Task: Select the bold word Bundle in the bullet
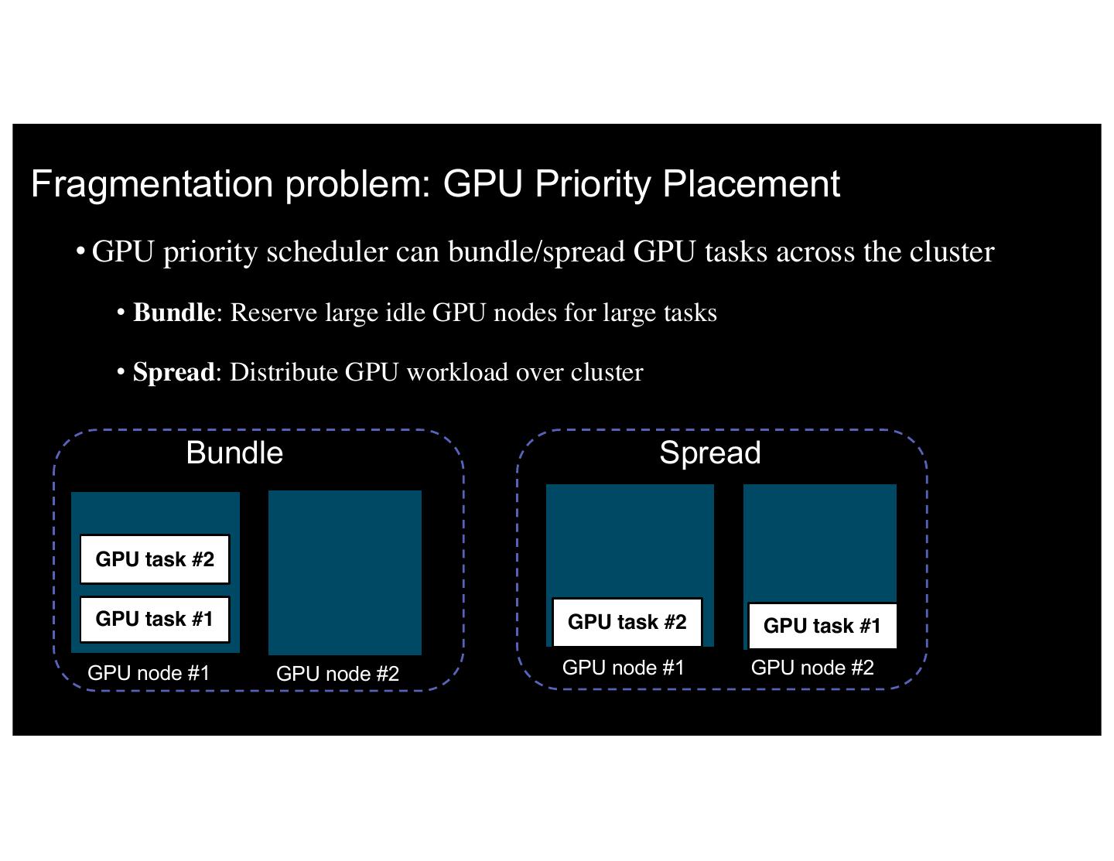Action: [x=174, y=313]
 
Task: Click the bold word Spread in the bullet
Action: [x=174, y=372]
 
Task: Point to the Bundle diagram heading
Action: [x=234, y=453]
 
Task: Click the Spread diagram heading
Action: [x=709, y=453]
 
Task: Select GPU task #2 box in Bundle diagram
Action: [x=155, y=559]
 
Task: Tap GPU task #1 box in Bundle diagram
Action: [x=155, y=619]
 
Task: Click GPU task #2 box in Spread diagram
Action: [x=627, y=622]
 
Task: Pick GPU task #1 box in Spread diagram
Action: [x=822, y=626]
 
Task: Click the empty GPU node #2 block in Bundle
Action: [x=345, y=572]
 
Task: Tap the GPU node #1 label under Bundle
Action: [x=149, y=673]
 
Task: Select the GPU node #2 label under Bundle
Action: [x=337, y=674]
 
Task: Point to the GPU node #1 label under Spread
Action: [x=624, y=668]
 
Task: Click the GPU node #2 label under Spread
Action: [x=812, y=668]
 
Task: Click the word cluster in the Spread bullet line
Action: [x=607, y=372]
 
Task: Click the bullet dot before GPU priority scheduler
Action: [x=80, y=251]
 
